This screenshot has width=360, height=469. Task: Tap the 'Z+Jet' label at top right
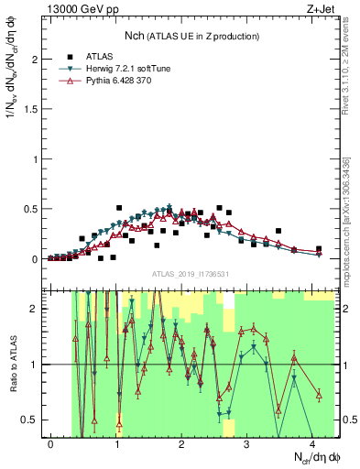pyautogui.click(x=319, y=8)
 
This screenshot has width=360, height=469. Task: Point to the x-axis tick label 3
pyautogui.click(x=246, y=443)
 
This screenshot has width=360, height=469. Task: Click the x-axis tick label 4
pyautogui.click(x=312, y=443)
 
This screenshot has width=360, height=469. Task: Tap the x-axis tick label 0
pyautogui.click(x=50, y=443)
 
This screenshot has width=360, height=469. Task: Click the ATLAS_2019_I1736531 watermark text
pyautogui.click(x=190, y=274)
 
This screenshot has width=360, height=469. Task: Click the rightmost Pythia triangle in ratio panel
pyautogui.click(x=319, y=395)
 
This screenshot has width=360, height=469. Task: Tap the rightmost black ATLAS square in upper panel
pyautogui.click(x=319, y=249)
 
